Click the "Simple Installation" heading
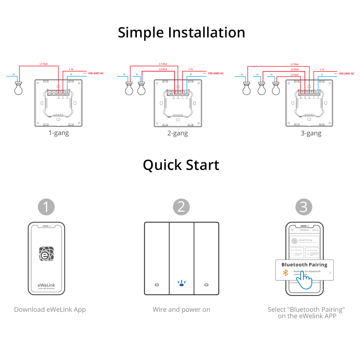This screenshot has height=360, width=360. [x=181, y=32]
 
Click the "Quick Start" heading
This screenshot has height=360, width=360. [x=181, y=165]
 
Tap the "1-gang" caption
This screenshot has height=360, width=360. [x=59, y=133]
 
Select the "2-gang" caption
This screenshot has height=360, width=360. [x=178, y=133]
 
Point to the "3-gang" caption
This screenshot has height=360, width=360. [x=311, y=133]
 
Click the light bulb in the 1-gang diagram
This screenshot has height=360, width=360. [x=18, y=89]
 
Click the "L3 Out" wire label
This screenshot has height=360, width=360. [x=294, y=75]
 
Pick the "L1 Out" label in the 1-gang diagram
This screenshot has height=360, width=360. [x=44, y=64]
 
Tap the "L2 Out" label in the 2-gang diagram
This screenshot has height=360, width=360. [x=163, y=69]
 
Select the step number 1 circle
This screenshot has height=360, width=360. [x=46, y=207]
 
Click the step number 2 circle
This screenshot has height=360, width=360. [x=181, y=207]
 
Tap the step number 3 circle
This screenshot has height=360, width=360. [x=304, y=207]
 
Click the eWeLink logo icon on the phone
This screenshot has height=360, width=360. [x=46, y=253]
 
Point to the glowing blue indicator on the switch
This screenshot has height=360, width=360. [x=181, y=285]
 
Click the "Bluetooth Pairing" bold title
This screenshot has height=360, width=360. [x=304, y=265]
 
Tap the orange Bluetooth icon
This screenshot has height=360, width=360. [x=285, y=273]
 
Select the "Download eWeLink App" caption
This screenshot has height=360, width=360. [x=50, y=310]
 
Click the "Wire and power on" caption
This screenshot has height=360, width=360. [x=181, y=310]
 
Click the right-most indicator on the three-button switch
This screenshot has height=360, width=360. [x=206, y=285]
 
